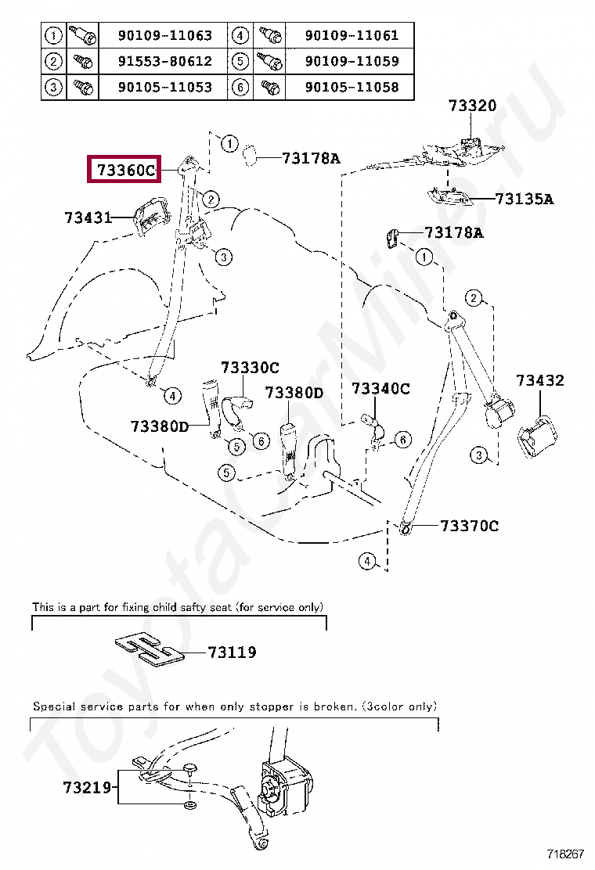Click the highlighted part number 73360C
[x=125, y=169]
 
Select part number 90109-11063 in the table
[x=164, y=35]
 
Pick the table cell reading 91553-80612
[x=164, y=61]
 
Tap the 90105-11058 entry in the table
[x=352, y=87]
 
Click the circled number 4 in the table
[x=241, y=35]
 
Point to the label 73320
[x=472, y=106]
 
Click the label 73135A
[x=524, y=200]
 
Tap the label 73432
[x=539, y=381]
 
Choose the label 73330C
[x=249, y=367]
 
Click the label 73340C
[x=380, y=388]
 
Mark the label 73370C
[x=469, y=526]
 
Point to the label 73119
[x=233, y=652]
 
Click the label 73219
[x=88, y=788]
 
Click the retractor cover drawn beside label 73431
[x=151, y=216]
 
